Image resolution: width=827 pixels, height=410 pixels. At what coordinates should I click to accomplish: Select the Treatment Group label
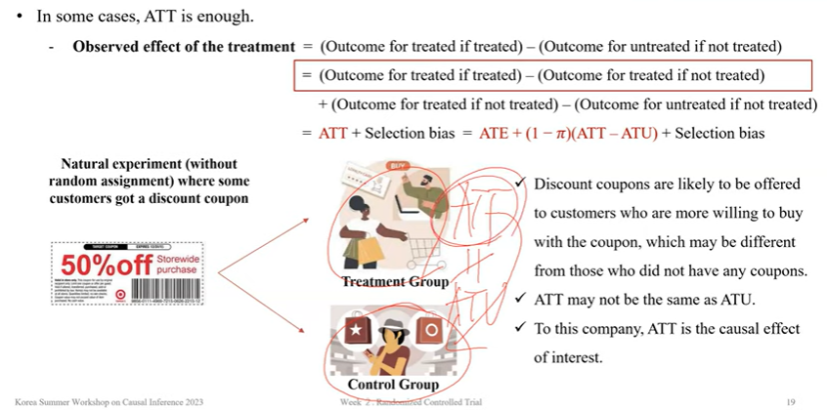coord(394,282)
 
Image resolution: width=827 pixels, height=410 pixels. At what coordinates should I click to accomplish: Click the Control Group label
coord(392,385)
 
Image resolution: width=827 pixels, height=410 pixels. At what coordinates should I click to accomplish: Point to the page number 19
coord(791,401)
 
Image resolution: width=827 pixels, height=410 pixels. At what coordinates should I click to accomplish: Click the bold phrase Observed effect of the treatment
coord(184,47)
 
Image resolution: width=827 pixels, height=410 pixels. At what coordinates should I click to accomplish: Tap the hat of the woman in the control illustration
coord(392,325)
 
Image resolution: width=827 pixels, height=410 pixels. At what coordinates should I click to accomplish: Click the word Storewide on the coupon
coord(176,256)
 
